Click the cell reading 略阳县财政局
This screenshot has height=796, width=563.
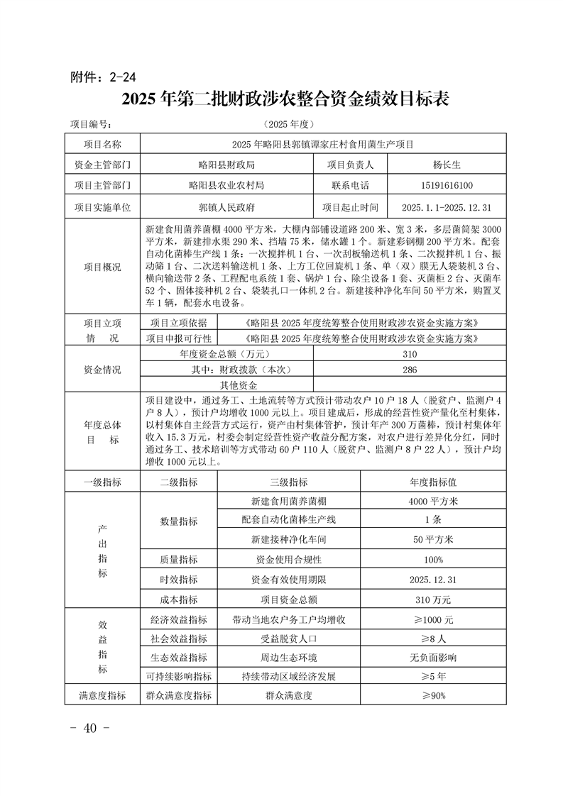point(226,165)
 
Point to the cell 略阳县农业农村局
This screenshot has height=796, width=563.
point(226,186)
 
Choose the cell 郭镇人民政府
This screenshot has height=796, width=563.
point(226,208)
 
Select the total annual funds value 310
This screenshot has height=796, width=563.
point(409,355)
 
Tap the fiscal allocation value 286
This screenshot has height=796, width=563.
point(409,370)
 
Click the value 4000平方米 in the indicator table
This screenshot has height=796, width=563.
point(433,501)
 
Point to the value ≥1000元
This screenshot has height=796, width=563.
point(433,619)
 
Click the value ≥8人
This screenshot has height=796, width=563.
point(433,639)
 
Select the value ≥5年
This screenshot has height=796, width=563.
point(433,676)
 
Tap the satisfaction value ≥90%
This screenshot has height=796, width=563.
point(433,696)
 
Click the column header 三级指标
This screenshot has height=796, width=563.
point(288,482)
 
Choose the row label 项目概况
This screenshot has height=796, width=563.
point(102,267)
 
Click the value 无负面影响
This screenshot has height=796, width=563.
point(433,658)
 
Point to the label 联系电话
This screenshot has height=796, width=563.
point(350,186)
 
